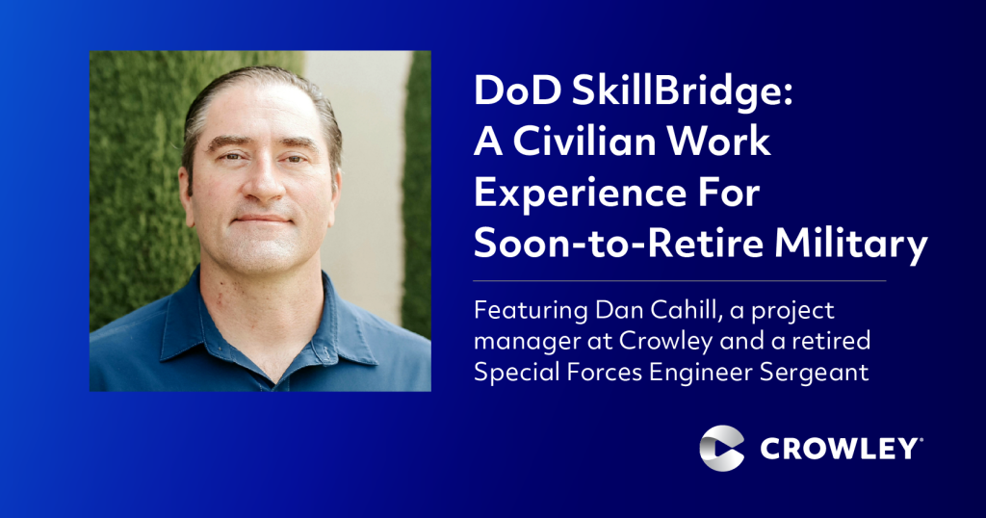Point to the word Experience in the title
(579, 194)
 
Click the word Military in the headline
(851, 245)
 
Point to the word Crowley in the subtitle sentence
(665, 342)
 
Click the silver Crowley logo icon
(722, 449)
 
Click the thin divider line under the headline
(679, 281)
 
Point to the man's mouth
(263, 220)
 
